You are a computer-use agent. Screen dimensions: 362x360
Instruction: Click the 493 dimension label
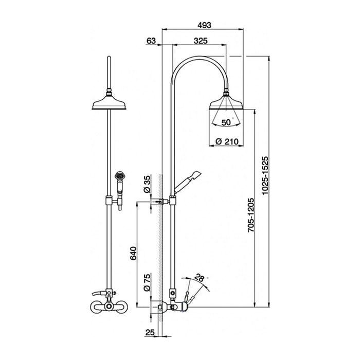tap(204, 25)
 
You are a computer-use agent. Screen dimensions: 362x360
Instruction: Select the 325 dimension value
tap(201, 41)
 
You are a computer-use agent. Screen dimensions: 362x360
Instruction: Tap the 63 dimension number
tap(151, 41)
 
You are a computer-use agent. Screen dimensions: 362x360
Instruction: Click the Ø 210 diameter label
tap(227, 141)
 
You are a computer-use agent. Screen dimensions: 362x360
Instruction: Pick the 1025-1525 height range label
tap(265, 175)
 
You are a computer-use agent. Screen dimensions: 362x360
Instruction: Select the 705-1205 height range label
tap(251, 215)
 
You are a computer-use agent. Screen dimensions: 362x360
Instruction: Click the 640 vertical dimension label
tap(133, 254)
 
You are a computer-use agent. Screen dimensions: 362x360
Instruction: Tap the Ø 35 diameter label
tap(147, 184)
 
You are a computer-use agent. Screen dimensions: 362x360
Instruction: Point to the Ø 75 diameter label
tap(147, 282)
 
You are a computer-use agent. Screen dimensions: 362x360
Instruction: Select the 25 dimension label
tap(150, 332)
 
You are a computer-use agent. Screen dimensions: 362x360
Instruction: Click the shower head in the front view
tap(109, 101)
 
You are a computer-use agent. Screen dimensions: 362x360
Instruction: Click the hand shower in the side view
tap(187, 182)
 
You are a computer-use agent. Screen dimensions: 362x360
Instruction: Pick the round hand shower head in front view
tap(119, 176)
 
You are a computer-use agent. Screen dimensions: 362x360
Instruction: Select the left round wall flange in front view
tap(96, 307)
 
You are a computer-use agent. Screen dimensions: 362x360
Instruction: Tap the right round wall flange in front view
tap(122, 307)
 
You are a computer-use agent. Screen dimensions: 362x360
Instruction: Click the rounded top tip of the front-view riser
tap(109, 57)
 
